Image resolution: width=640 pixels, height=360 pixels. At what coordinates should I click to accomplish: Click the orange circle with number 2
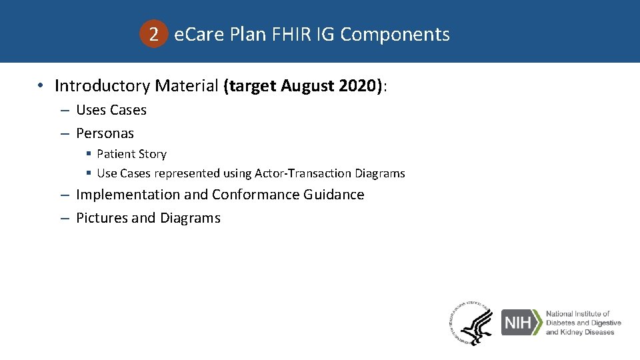tap(154, 35)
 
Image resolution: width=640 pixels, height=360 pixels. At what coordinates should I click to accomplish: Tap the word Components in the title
tap(395, 35)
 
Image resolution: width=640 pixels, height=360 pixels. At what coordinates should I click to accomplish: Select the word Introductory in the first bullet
tap(102, 86)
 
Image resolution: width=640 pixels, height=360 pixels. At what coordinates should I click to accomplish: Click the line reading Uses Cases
tap(111, 110)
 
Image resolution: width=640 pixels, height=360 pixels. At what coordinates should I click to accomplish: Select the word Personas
tap(105, 133)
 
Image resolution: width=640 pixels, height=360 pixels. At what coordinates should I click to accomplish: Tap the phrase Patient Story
tap(131, 154)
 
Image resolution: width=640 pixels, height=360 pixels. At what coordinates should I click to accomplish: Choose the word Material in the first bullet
tap(187, 86)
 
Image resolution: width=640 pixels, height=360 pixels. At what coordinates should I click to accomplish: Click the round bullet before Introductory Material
tap(41, 86)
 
